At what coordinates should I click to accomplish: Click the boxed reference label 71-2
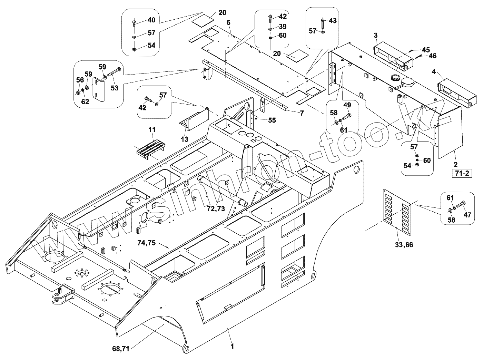(462, 173)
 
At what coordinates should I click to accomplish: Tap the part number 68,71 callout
(121, 349)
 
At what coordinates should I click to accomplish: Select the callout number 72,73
(216, 209)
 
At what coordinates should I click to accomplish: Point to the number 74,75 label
(146, 243)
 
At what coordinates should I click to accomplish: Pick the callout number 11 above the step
(152, 129)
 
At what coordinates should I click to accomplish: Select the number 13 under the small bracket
(185, 139)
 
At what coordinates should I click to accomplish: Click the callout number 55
(272, 120)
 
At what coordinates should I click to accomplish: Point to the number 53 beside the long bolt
(114, 88)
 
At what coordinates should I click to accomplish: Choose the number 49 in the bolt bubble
(347, 105)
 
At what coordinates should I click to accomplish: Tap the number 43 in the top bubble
(332, 21)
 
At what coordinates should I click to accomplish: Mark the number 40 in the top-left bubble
(151, 20)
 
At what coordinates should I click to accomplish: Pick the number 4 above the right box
(434, 72)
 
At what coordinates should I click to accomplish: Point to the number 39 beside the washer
(283, 27)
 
